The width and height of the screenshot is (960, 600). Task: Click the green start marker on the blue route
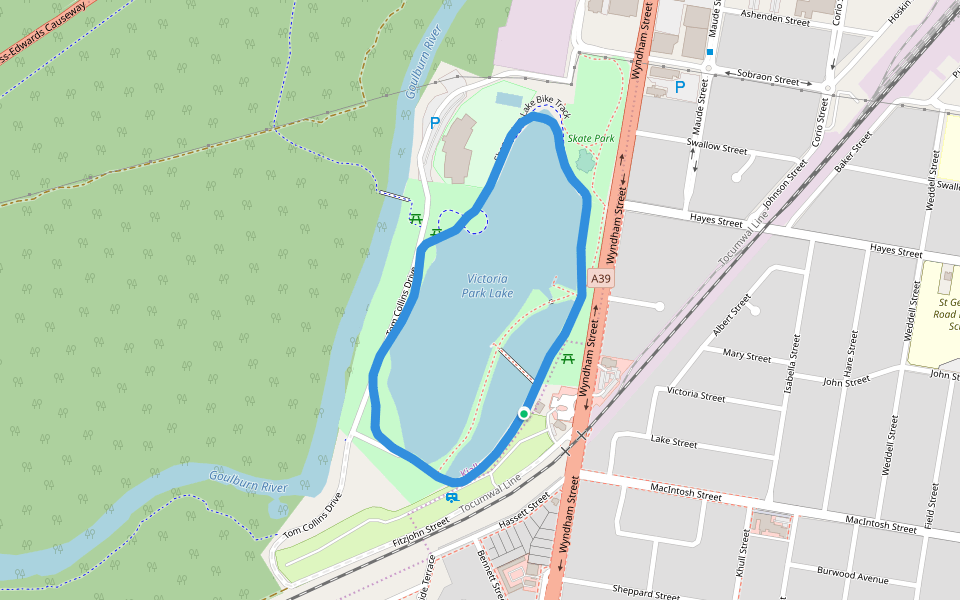[x=523, y=413]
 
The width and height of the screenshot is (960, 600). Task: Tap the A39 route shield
[x=600, y=279]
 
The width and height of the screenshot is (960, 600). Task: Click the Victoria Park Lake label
[x=487, y=286]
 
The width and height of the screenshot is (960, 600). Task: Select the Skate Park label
[x=591, y=138]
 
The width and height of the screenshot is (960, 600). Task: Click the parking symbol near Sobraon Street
[x=680, y=87]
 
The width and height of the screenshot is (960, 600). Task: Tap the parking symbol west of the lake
[x=434, y=123]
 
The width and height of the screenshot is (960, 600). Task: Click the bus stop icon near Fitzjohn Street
[x=452, y=497]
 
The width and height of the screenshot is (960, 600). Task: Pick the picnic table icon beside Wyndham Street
[x=568, y=359]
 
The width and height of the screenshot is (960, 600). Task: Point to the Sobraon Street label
[x=768, y=79]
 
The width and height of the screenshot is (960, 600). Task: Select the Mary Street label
[x=747, y=356]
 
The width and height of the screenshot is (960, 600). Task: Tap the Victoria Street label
[x=696, y=395]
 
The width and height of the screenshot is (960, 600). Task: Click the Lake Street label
[x=674, y=442]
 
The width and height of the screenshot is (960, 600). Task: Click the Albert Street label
[x=731, y=315]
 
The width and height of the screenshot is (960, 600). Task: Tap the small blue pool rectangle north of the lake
[x=508, y=100]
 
